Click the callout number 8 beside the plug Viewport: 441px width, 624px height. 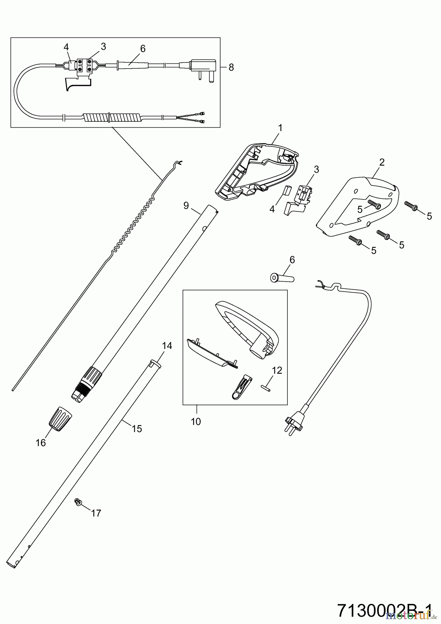coord(231,67)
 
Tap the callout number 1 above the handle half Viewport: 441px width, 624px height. coord(280,128)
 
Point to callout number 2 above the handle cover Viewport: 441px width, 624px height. coord(382,162)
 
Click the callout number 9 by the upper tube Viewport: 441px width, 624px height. coord(186,206)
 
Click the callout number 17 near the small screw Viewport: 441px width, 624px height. coord(96,513)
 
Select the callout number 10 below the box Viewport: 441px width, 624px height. coord(196,422)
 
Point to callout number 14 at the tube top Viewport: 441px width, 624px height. coord(167,346)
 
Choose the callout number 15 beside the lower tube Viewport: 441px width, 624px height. coord(137,429)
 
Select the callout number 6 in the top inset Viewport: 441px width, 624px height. coord(143,49)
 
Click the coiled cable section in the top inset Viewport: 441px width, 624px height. coord(112,117)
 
